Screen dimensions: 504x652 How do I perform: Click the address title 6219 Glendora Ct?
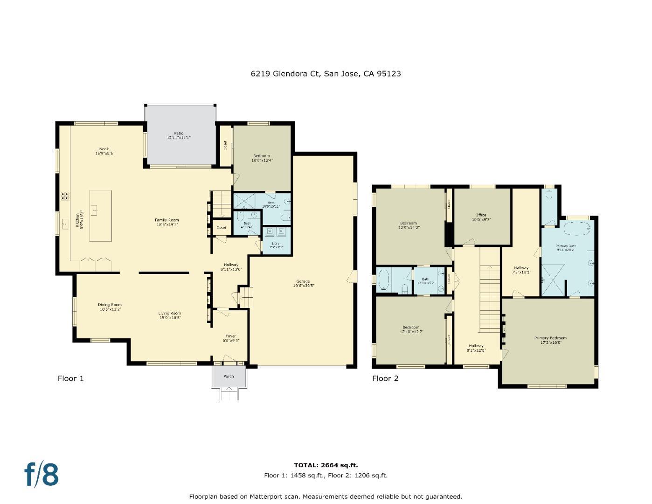point(326,73)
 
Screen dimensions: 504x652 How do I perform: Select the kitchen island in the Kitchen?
point(100,216)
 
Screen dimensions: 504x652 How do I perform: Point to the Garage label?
point(303,281)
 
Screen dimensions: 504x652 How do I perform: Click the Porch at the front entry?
point(229,376)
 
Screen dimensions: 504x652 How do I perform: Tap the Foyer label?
point(230,336)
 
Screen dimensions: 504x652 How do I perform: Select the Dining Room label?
point(110,305)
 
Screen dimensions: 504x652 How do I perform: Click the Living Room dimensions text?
point(169,318)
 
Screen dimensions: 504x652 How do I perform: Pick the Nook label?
point(104,149)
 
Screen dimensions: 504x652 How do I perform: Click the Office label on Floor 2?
point(481,215)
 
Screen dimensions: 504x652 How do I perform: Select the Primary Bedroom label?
point(550,338)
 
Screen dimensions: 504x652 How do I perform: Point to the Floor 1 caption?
point(70,378)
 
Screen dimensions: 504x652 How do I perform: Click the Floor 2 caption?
point(385,378)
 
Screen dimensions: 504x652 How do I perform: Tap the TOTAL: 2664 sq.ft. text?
point(326,465)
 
